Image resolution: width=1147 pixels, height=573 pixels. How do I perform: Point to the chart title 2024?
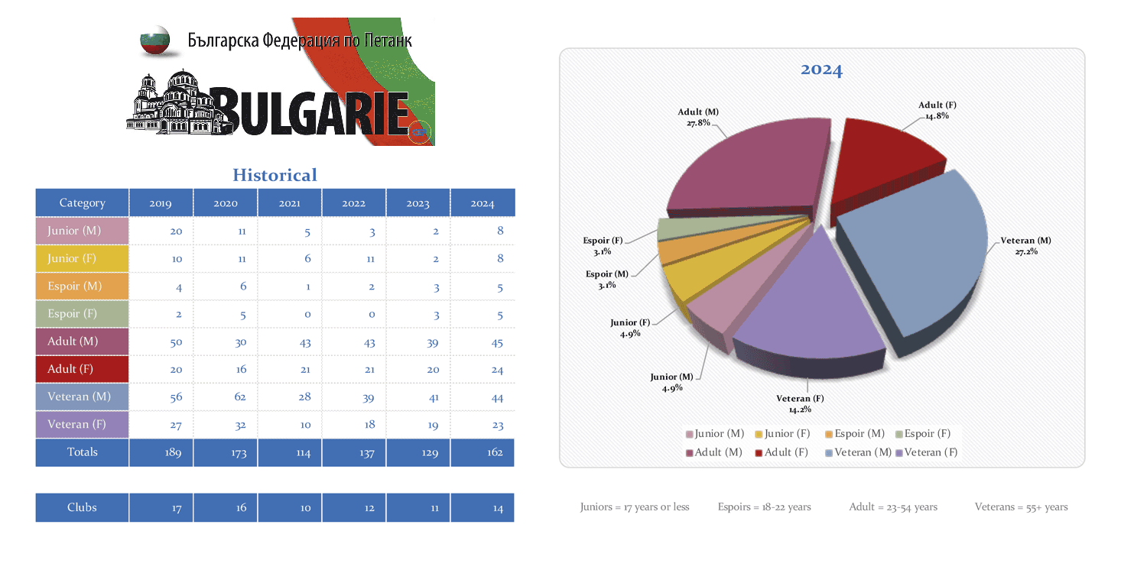pyautogui.click(x=821, y=70)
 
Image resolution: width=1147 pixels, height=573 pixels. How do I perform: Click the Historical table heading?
pyautogui.click(x=275, y=175)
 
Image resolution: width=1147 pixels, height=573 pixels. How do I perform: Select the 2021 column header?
pyautogui.click(x=290, y=203)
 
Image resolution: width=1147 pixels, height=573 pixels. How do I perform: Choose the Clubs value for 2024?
pyautogui.click(x=498, y=508)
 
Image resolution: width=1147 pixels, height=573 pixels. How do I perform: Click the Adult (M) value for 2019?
pyautogui.click(x=176, y=342)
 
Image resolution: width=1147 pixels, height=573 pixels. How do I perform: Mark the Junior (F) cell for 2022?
pyautogui.click(x=369, y=259)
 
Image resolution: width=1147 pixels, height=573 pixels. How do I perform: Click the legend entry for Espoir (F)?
pyautogui.click(x=923, y=434)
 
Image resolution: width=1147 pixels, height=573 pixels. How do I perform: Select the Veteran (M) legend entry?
pyautogui.click(x=857, y=452)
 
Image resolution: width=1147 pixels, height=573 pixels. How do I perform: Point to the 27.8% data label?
pyautogui.click(x=698, y=122)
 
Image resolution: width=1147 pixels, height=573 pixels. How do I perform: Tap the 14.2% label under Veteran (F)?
pyautogui.click(x=800, y=410)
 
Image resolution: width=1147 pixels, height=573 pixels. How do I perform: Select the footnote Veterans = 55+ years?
pyautogui.click(x=1021, y=507)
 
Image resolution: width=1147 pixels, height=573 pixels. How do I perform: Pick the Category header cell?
pyautogui.click(x=82, y=203)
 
